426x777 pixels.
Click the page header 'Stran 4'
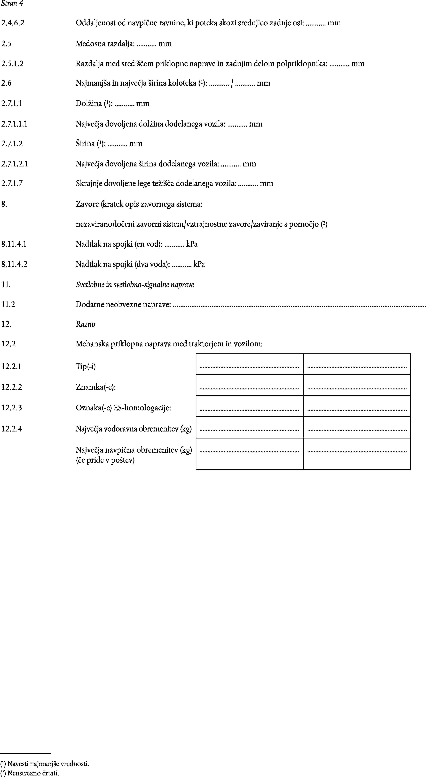(x=12, y=4)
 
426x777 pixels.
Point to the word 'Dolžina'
(x=89, y=104)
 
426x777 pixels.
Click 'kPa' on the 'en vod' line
(x=192, y=244)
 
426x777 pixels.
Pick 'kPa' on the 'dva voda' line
(x=199, y=264)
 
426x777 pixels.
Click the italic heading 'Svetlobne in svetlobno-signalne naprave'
(x=135, y=284)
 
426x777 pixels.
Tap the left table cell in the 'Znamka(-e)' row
(x=249, y=385)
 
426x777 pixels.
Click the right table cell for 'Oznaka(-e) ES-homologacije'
(x=357, y=406)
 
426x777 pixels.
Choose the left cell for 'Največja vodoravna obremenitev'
(x=249, y=427)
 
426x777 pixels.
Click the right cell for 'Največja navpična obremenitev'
(x=357, y=454)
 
